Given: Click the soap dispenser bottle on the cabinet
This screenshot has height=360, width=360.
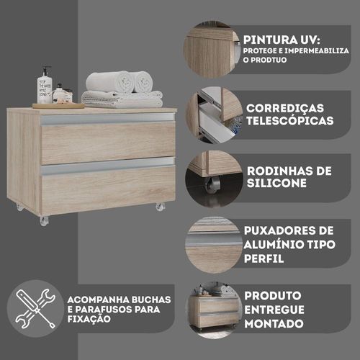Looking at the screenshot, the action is (45, 86).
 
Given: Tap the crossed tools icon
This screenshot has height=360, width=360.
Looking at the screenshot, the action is (35, 309).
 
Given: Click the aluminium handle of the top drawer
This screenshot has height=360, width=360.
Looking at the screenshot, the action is (107, 120).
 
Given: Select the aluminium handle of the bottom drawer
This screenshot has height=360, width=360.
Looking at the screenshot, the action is (107, 166).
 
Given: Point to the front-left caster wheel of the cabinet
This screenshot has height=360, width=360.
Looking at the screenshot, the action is (44, 220).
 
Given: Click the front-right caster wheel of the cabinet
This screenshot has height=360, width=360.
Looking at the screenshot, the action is (160, 207).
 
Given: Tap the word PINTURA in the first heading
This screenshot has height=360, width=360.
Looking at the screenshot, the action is (270, 40).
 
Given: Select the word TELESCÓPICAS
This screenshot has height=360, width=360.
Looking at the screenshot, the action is (290, 120).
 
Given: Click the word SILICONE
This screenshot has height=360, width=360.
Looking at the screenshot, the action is (276, 183).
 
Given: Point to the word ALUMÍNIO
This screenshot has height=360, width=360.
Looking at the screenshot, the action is (269, 244).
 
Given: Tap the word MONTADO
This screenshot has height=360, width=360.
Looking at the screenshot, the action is (274, 324).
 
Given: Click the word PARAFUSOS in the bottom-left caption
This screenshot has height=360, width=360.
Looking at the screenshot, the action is (104, 310).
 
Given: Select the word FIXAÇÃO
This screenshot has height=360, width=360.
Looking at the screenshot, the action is (89, 319).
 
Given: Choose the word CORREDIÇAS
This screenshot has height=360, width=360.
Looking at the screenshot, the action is (285, 108).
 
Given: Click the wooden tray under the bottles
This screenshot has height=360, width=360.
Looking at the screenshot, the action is (58, 106).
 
